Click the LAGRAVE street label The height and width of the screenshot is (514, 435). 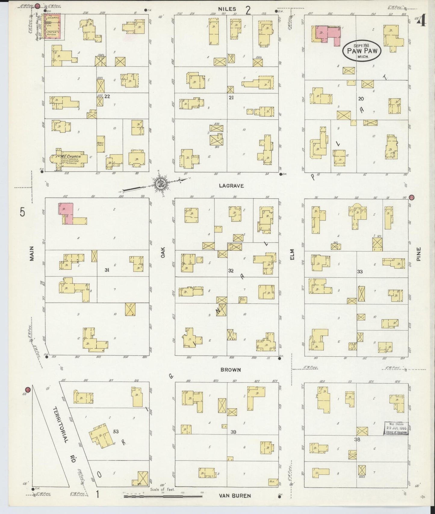click(x=231, y=186)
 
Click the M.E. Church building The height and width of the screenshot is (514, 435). click(x=70, y=159)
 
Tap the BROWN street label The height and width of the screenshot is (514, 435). click(x=231, y=370)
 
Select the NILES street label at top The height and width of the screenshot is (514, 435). click(x=227, y=9)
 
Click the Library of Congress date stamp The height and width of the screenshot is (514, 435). click(x=396, y=428)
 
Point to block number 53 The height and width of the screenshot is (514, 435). click(x=116, y=432)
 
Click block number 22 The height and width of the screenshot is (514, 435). click(x=107, y=96)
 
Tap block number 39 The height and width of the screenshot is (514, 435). click(x=233, y=432)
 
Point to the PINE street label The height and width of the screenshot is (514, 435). click(x=418, y=254)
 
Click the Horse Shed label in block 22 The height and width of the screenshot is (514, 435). click(x=100, y=144)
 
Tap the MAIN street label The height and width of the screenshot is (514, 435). click(x=32, y=253)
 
